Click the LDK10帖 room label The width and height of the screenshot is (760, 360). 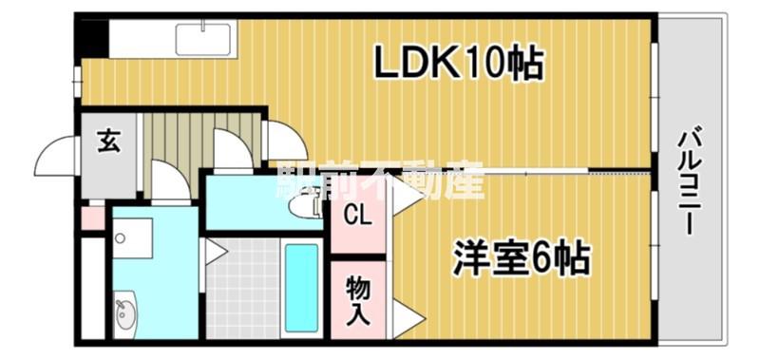pyautogui.click(x=457, y=63)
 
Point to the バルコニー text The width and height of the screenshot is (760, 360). pyautogui.click(x=691, y=180)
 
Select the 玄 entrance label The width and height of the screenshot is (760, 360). pyautogui.click(x=108, y=142)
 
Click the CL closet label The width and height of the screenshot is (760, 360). pyautogui.click(x=358, y=216)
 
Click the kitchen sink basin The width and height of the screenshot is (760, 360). pyautogui.click(x=202, y=39)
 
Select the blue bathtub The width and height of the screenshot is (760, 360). pyautogui.click(x=301, y=288)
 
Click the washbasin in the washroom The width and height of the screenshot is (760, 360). pyautogui.click(x=125, y=315)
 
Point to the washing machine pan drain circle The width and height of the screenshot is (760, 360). pyautogui.click(x=120, y=237)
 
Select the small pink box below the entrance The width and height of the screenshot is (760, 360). pyautogui.click(x=92, y=218)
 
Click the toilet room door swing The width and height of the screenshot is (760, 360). pyautogui.click(x=232, y=149)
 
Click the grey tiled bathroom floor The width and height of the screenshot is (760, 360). pyautogui.click(x=243, y=289)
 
